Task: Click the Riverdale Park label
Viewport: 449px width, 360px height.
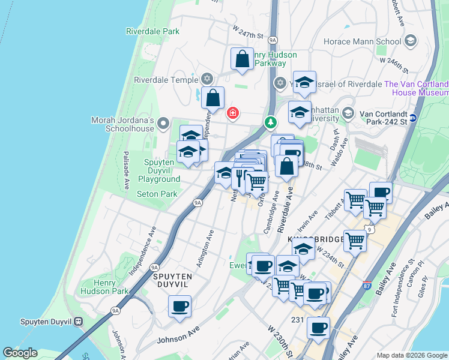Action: [x=153, y=31]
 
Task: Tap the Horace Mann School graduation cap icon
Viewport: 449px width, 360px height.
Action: [x=411, y=41]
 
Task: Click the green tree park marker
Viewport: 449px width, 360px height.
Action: [x=271, y=122]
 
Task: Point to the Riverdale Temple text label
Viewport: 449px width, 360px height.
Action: [x=166, y=80]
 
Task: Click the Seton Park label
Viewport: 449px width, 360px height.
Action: [x=157, y=194]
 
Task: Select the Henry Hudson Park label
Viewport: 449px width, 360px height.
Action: [x=112, y=287]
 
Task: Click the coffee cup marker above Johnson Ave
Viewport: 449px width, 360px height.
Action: [x=179, y=307]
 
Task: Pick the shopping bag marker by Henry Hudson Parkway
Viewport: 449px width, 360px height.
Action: [x=242, y=59]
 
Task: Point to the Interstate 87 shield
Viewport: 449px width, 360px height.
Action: [x=366, y=286]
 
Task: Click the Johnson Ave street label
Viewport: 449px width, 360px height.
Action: [x=178, y=338]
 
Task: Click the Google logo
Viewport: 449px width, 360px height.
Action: [x=20, y=353]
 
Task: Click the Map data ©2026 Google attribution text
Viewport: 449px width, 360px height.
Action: [x=412, y=355]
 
